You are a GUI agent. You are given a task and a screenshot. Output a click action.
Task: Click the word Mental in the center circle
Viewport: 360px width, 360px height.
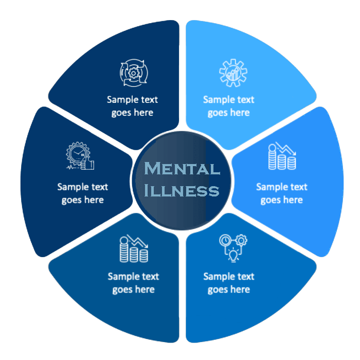182,169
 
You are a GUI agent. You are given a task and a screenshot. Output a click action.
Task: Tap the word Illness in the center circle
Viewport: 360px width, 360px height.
182,191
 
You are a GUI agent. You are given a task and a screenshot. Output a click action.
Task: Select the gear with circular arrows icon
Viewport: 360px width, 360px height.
132,74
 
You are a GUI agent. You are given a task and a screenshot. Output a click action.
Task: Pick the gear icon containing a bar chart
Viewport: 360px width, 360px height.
229,73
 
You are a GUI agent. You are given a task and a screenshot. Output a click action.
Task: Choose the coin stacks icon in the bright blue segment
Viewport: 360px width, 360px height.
282,157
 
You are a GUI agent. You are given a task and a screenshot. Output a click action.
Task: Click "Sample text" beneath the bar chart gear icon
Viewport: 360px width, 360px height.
228,100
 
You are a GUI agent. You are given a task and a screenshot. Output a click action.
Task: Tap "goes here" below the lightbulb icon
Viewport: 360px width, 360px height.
228,290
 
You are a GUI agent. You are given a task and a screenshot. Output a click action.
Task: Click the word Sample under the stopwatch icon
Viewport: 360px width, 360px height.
71,187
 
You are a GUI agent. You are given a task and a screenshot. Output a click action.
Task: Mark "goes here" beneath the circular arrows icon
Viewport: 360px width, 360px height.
132,113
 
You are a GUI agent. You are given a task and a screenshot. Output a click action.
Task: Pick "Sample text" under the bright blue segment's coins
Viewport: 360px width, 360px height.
281,187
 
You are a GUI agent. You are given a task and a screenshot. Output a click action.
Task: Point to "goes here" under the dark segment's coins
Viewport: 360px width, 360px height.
133,290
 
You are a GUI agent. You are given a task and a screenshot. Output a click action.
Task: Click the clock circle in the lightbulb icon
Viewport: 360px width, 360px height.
225,240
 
